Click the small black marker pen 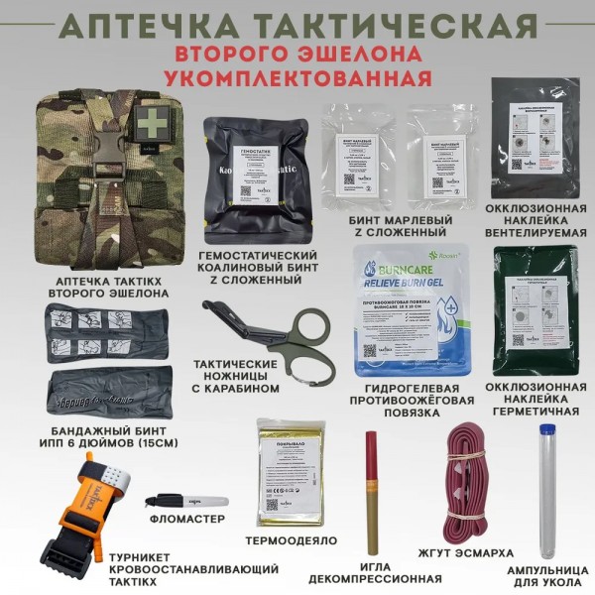point(185,502)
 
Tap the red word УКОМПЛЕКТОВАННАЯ point(297,76)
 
